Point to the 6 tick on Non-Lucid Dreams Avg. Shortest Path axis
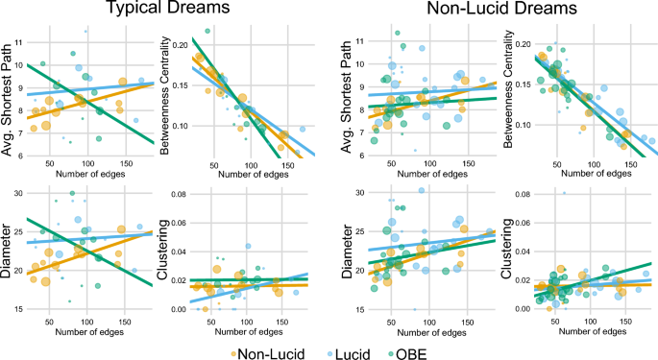click(359, 162)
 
